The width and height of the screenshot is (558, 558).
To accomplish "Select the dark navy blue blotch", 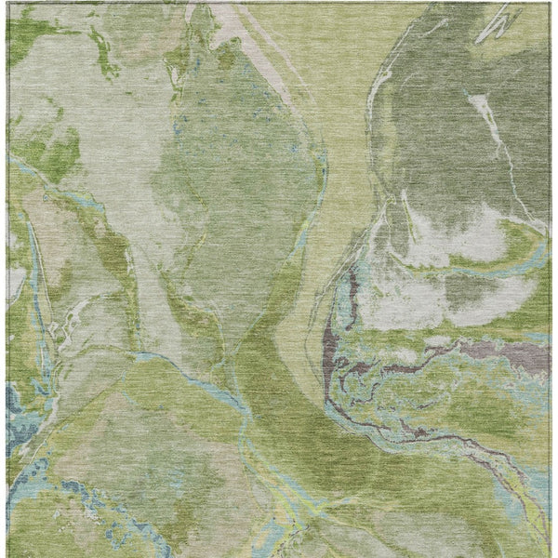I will click(x=16, y=409).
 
